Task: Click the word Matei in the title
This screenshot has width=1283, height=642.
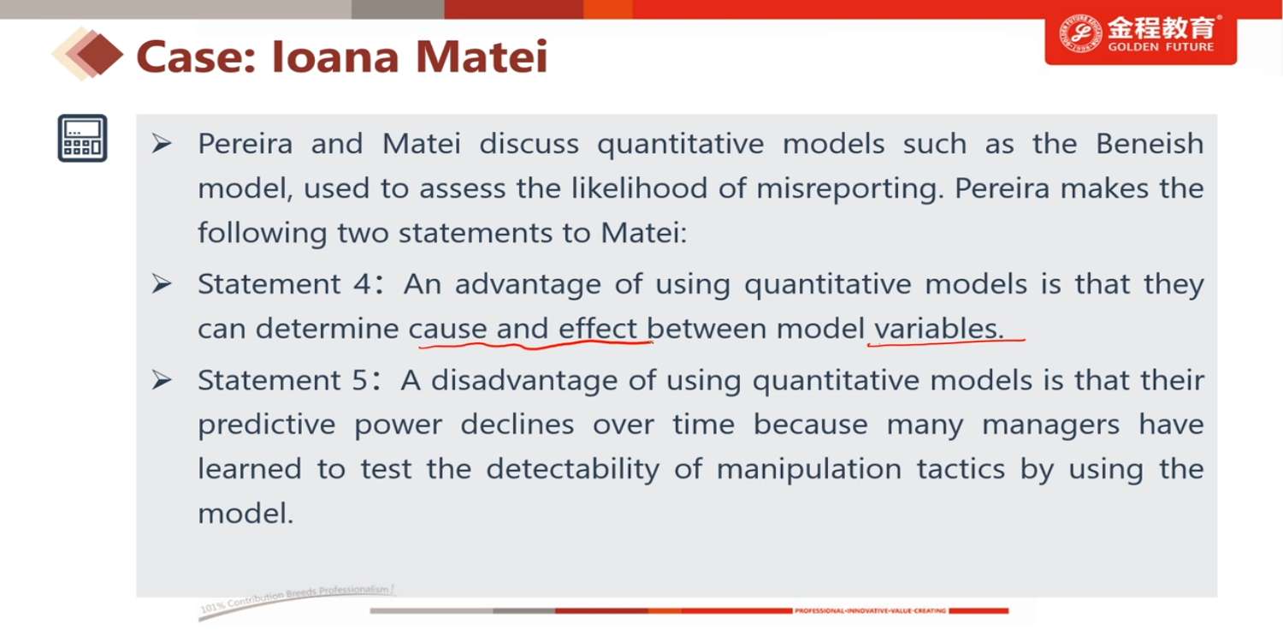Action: click(x=482, y=56)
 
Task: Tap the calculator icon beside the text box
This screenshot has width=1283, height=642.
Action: click(x=82, y=138)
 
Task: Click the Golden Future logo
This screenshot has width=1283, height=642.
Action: click(x=1140, y=35)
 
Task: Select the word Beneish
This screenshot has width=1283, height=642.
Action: click(x=1150, y=143)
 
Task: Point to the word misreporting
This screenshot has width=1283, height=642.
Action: click(x=850, y=189)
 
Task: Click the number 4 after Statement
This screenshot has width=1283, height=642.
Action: click(x=362, y=284)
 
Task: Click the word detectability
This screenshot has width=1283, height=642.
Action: click(x=573, y=470)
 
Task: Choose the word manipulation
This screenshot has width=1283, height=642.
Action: click(x=809, y=470)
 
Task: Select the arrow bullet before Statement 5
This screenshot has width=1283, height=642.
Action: click(x=162, y=380)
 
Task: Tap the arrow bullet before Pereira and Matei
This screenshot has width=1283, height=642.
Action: click(x=162, y=143)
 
